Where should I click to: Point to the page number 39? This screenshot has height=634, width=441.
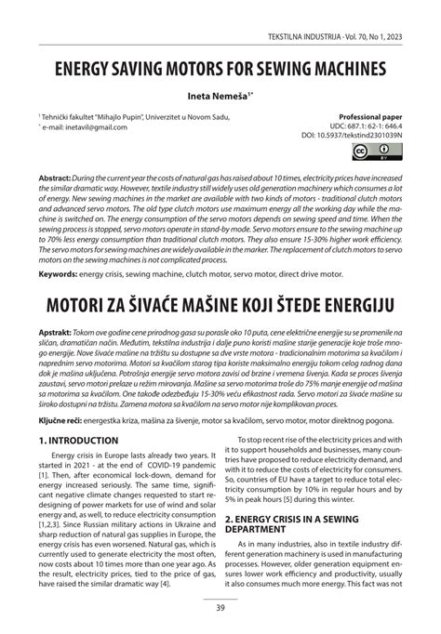[220, 609]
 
